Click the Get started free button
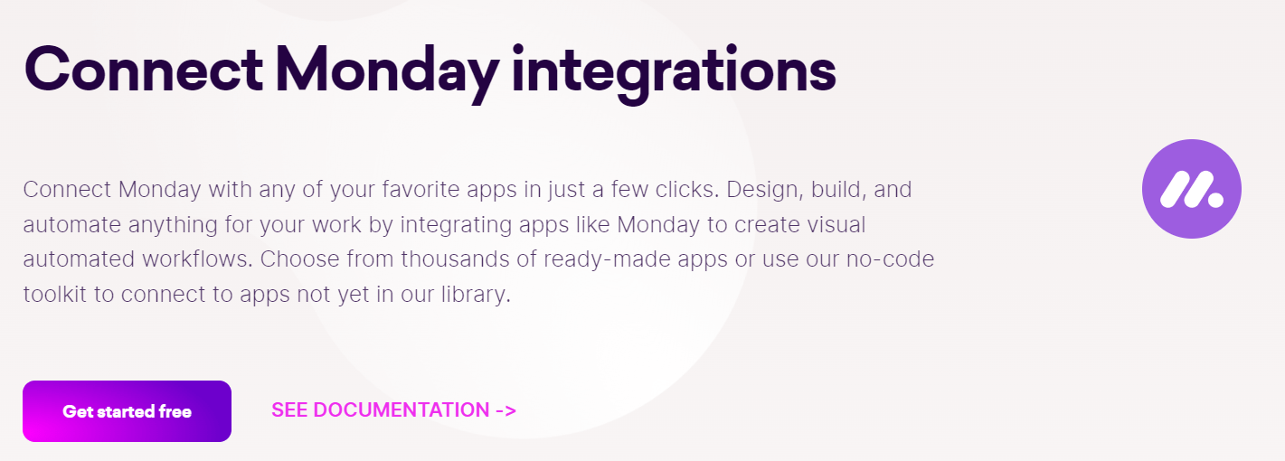[x=127, y=411]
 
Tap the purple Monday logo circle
[x=1191, y=189]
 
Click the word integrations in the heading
[x=674, y=70]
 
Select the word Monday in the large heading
[x=394, y=70]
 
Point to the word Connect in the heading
[x=145, y=70]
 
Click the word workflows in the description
[x=198, y=259]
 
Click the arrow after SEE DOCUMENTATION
[x=505, y=409]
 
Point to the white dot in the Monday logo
[x=1216, y=198]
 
